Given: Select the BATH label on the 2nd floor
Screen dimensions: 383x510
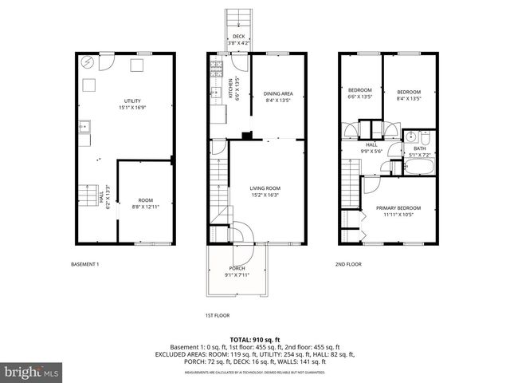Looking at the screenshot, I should [419, 149].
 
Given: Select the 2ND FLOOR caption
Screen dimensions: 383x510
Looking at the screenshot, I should [348, 264].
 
